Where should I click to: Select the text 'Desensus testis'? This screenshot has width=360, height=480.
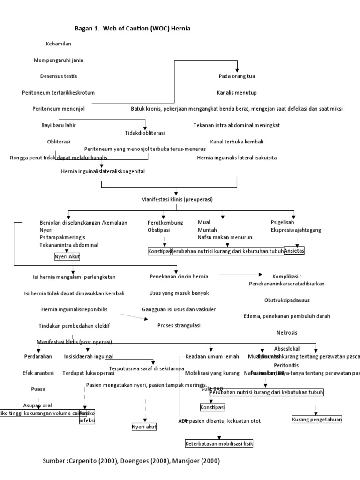59,76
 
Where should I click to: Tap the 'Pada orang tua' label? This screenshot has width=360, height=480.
237,76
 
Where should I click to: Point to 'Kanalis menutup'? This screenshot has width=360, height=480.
237,92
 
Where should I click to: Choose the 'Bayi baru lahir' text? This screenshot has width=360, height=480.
59,125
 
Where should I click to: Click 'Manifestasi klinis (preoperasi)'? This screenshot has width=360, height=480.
177,199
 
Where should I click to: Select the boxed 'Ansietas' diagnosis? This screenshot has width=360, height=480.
294,251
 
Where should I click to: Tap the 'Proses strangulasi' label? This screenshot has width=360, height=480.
179,325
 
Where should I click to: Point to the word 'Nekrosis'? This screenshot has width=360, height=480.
287,333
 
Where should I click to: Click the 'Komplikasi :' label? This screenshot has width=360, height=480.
287,277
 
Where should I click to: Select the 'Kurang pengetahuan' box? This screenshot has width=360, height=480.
317,420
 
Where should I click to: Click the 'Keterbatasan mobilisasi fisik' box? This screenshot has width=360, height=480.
219,443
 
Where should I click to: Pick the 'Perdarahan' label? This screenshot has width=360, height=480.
37,357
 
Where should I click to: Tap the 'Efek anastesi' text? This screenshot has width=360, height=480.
38,373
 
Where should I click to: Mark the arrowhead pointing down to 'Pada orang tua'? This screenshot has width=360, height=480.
237,68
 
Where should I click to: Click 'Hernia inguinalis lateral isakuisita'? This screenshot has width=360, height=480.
237,157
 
